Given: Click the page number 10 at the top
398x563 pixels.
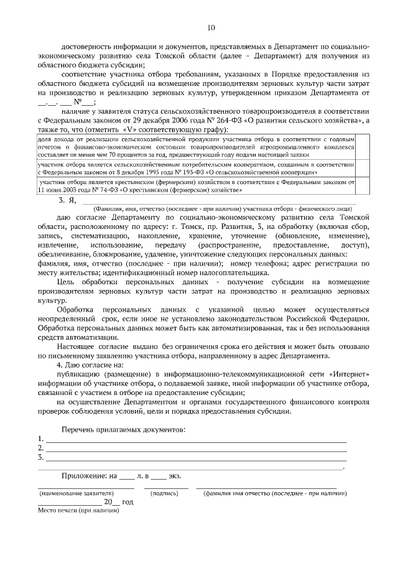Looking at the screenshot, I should (x=211, y=27).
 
